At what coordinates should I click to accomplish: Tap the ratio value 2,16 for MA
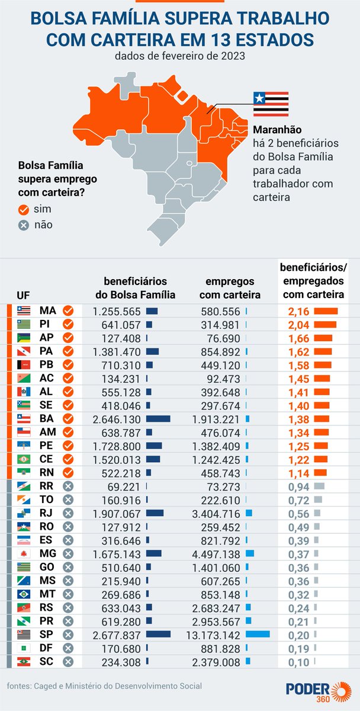tap(299, 310)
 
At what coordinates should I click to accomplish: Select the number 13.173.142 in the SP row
tap(216, 634)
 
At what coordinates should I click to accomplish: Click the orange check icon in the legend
tap(24, 210)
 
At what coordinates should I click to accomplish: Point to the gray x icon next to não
tap(24, 225)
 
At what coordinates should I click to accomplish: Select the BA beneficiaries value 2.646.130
tap(117, 418)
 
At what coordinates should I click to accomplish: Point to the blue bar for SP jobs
tap(258, 634)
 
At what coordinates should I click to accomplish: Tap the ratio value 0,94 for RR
tap(299, 486)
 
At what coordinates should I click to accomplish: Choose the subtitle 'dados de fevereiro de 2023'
tap(179, 57)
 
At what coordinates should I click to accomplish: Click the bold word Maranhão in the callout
tap(277, 129)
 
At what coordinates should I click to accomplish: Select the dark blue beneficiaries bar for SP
tap(158, 634)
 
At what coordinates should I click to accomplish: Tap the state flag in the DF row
tap(24, 648)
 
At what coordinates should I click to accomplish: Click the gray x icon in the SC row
tap(67, 661)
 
